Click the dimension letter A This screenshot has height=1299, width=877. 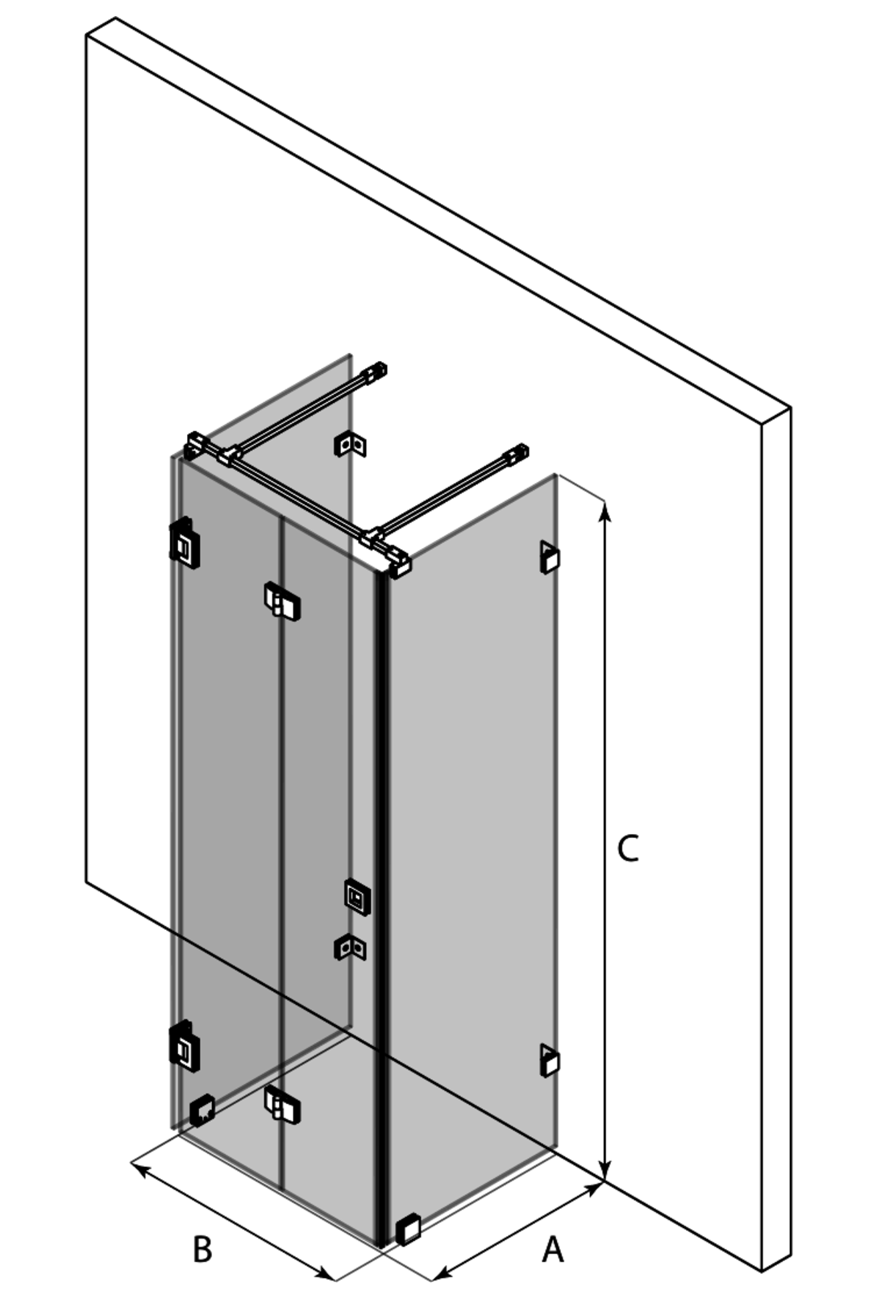pos(552,1251)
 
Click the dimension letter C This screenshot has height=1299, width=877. pos(628,849)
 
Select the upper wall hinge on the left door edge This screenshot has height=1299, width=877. pos(185,543)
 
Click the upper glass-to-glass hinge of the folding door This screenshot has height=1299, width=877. pos(282,601)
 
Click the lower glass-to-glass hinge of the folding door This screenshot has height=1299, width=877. pos(282,1105)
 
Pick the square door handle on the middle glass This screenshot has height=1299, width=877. pos(358,896)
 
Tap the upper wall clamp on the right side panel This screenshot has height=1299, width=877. pos(550,557)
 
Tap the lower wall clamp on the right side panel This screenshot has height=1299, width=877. pos(550,1060)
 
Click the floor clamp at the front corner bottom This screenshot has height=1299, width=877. pos(409,1228)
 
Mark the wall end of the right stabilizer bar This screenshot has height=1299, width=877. pos(517,453)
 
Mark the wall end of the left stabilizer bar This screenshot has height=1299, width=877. pos(376,371)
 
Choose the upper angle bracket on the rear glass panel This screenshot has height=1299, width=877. pos(351,444)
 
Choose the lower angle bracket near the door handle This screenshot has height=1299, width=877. pos(351,948)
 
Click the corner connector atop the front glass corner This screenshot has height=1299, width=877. pos(400,563)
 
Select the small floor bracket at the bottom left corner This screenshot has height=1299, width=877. pos(202,1110)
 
